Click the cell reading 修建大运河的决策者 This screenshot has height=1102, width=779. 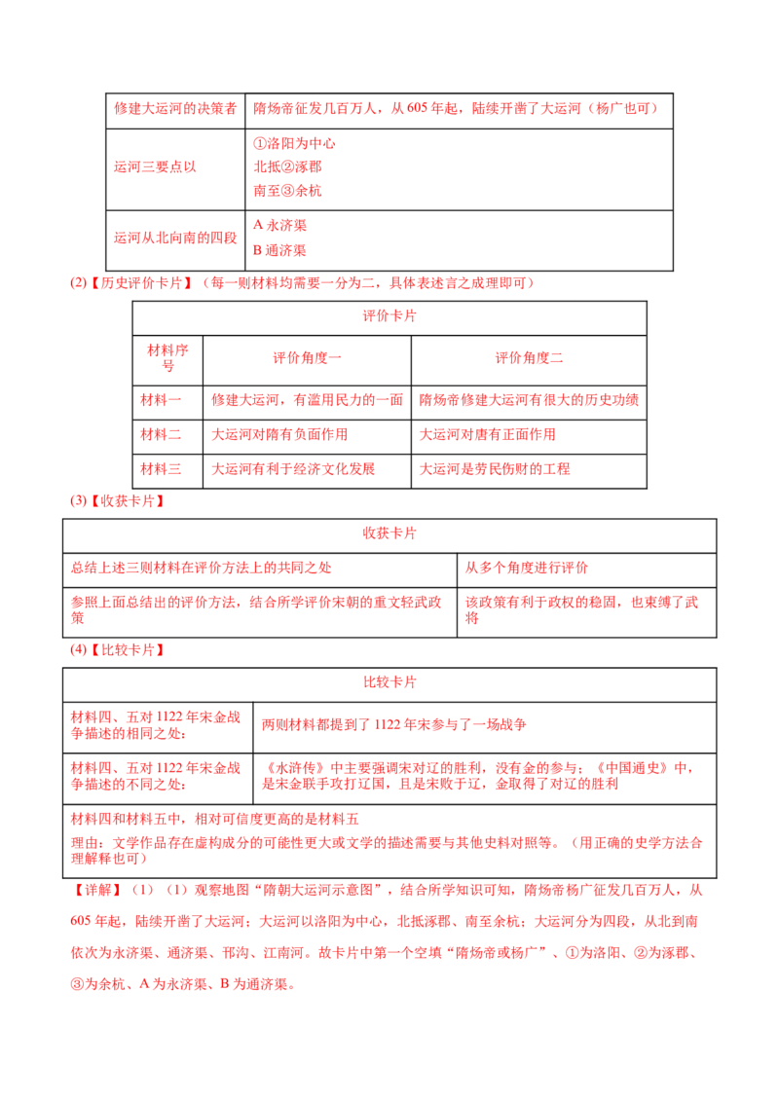click(175, 109)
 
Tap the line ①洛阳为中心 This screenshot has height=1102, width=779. click(294, 143)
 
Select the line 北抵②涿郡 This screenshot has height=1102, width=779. click(287, 166)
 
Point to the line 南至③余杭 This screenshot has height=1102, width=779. click(287, 191)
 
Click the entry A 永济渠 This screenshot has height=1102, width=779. click(279, 226)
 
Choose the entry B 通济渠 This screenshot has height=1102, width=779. click(279, 250)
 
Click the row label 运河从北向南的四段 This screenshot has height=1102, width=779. click(175, 239)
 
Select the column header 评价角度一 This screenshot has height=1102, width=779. click(307, 358)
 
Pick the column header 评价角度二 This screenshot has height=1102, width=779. click(529, 358)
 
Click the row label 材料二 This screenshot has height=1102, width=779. click(161, 435)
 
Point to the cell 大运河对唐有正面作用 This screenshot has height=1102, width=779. click(487, 435)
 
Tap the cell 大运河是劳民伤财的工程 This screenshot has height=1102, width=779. click(495, 469)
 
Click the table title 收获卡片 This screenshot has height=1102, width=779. click(389, 533)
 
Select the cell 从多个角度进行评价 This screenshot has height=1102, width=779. click(526, 568)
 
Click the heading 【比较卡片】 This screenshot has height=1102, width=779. click(128, 650)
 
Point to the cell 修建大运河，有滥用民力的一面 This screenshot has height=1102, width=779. click(307, 401)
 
